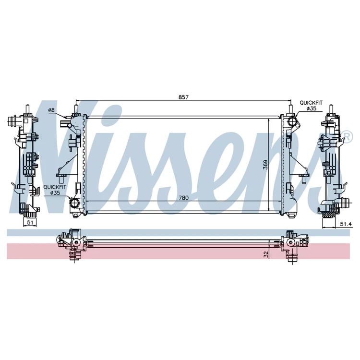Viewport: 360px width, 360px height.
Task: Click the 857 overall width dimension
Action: click(183, 97)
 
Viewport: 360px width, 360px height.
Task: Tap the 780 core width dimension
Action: click(183, 198)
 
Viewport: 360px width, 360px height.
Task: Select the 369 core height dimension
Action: click(265, 165)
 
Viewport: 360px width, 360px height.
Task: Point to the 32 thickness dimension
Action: click(266, 254)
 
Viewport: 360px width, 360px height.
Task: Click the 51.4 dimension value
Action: click(346, 224)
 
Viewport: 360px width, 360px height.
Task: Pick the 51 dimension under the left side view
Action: click(30, 222)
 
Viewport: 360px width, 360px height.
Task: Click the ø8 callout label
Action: click(51, 110)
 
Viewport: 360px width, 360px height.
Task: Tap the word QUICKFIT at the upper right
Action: click(311, 103)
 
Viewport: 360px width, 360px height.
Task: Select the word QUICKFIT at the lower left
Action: click(55, 187)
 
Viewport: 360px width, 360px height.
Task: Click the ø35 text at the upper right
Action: click(312, 108)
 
